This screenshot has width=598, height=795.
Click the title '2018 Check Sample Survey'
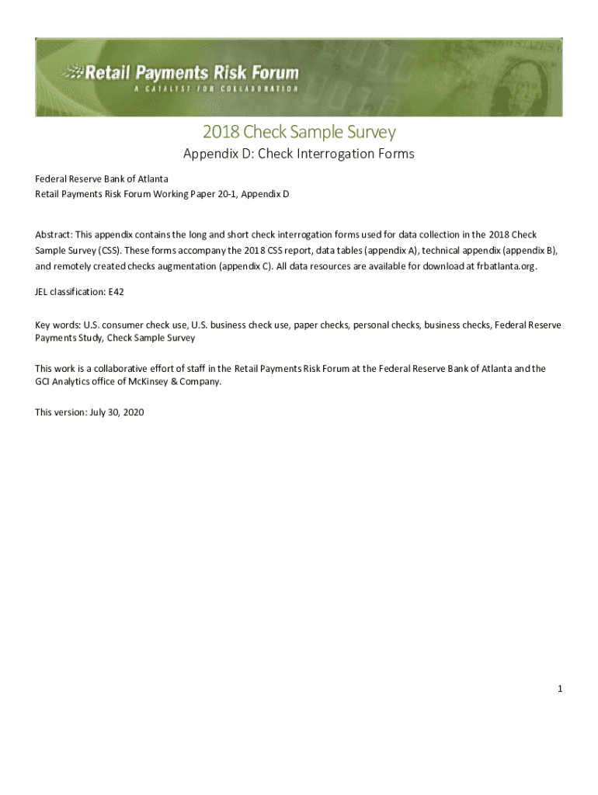299,132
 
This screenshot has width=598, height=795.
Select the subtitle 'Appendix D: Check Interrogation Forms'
299,154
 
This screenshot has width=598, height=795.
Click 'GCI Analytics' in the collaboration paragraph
64,381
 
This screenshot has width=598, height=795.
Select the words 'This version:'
62,412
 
